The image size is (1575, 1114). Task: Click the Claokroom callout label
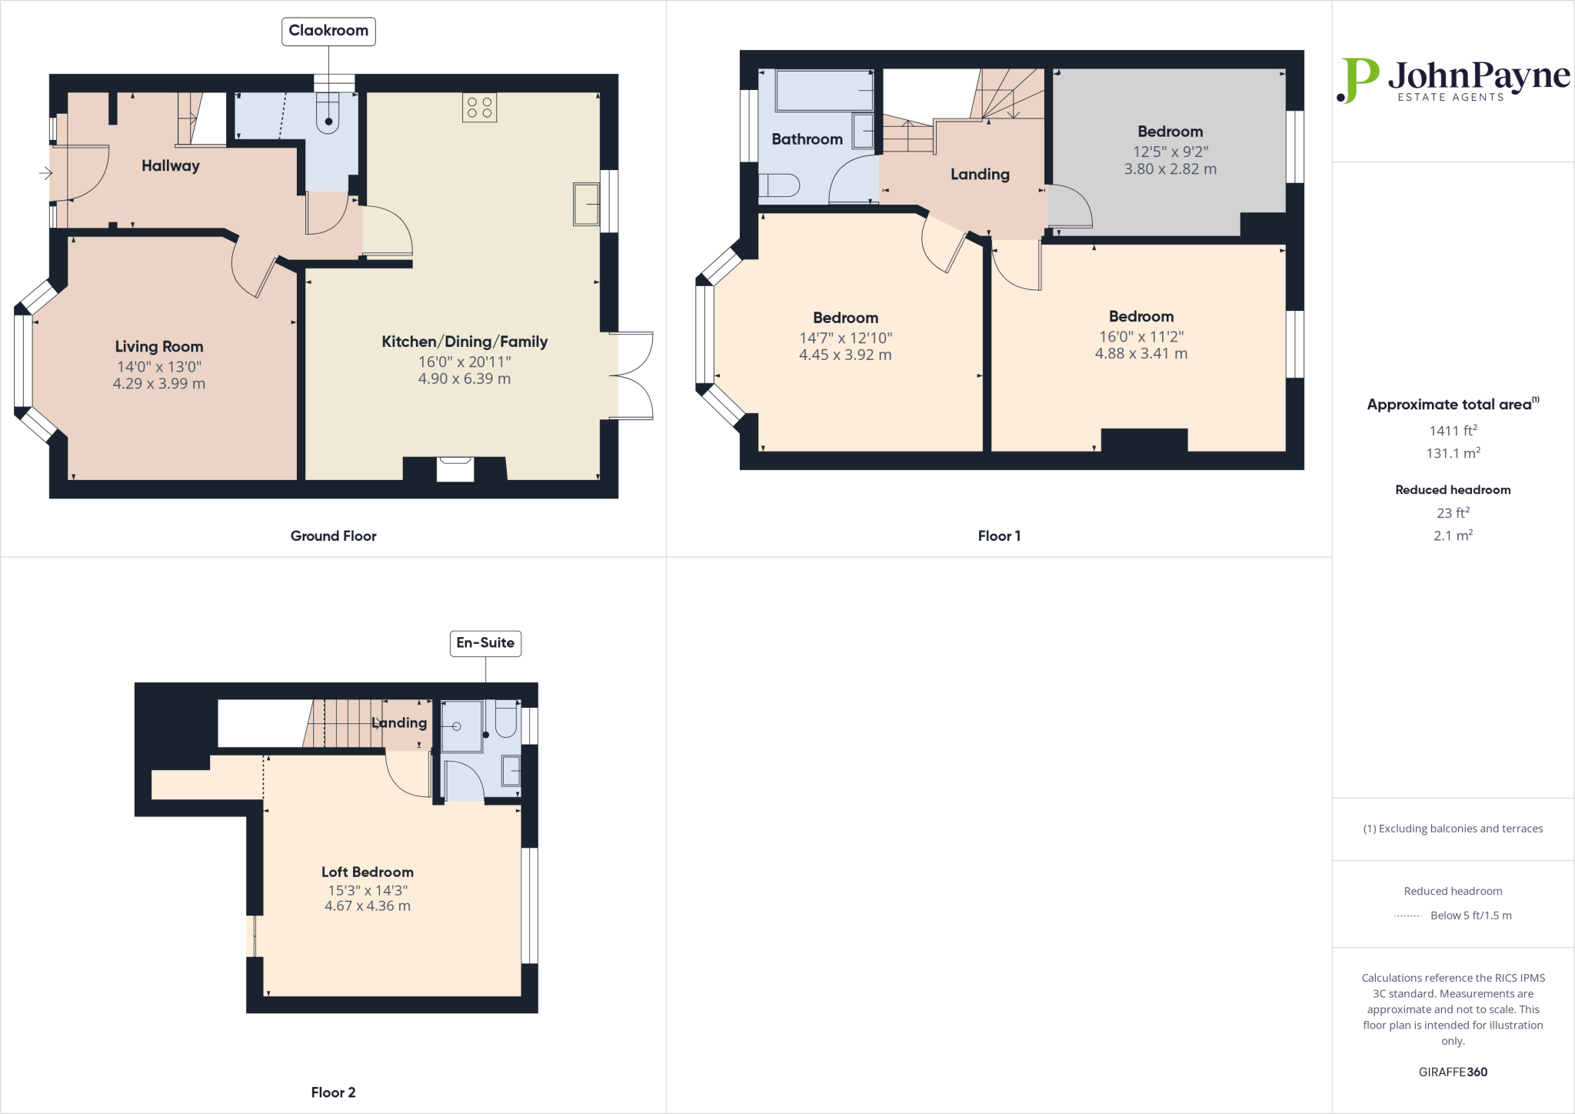[x=328, y=31]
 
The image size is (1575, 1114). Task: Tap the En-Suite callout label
[x=485, y=643]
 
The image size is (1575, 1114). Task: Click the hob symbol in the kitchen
[x=479, y=108]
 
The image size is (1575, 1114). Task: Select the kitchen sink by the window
[x=586, y=204]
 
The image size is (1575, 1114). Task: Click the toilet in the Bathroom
[x=780, y=185]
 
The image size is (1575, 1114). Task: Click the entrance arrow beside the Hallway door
[x=45, y=174]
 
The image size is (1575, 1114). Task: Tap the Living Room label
[x=159, y=347]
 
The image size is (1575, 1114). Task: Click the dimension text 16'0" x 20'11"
[x=464, y=362]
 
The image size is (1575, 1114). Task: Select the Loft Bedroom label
[x=368, y=872]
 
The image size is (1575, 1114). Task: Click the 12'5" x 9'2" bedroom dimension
[x=1170, y=152]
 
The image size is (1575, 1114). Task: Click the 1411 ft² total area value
[x=1453, y=431]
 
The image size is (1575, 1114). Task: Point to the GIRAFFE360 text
[x=1453, y=1072]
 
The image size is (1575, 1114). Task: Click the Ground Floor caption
[x=333, y=536]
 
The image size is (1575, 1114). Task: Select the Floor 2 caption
[x=333, y=1092]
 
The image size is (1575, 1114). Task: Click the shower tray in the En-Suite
[x=461, y=726]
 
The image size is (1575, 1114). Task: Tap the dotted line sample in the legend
[x=1407, y=916]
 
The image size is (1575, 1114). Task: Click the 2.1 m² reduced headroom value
[x=1453, y=535]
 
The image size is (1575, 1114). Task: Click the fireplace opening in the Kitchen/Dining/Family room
[x=455, y=469]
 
